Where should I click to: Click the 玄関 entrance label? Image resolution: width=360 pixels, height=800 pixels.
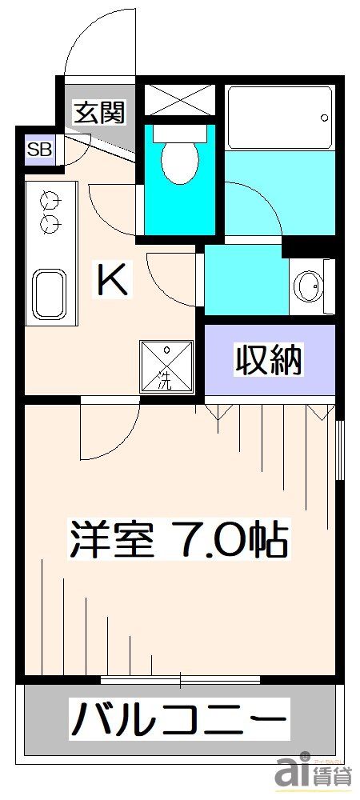coord(100,113)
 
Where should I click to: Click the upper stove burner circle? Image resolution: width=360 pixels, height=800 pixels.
coord(49,198)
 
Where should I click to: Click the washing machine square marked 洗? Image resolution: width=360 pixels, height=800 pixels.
coord(166,366)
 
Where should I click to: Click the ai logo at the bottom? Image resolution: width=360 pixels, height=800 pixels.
coord(293,775)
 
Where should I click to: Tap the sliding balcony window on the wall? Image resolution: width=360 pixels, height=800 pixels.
coord(180,680)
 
